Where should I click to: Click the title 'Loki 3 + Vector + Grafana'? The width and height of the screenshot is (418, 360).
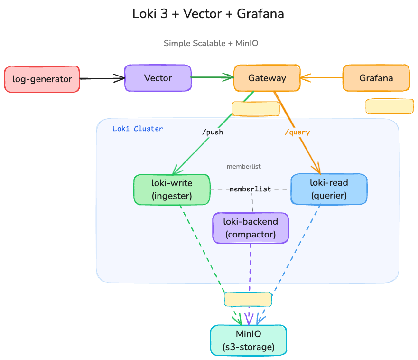(x=208, y=14)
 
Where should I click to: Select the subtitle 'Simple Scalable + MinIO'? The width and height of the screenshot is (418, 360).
(x=211, y=43)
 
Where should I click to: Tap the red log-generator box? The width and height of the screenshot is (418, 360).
(x=42, y=79)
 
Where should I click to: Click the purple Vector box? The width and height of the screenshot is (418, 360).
(x=158, y=78)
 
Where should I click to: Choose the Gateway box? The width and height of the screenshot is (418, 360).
(x=267, y=78)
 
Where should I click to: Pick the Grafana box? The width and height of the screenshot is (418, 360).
(x=376, y=78)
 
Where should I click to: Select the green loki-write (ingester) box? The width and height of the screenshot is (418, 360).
(x=171, y=189)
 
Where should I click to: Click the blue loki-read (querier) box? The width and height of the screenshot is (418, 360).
(x=328, y=189)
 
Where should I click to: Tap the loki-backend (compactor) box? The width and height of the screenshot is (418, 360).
(x=250, y=228)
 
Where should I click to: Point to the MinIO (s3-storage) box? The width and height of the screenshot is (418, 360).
(x=248, y=341)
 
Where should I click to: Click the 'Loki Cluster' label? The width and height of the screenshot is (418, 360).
(x=138, y=129)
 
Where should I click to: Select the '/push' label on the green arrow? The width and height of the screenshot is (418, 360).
(x=212, y=132)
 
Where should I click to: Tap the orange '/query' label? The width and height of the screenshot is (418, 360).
(x=297, y=132)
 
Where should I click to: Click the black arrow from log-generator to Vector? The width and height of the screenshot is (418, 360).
(x=102, y=78)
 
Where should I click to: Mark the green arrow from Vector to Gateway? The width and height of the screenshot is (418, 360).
(x=212, y=77)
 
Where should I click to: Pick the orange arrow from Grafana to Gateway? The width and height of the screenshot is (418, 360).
(x=321, y=77)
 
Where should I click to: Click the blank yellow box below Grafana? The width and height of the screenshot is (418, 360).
(x=389, y=106)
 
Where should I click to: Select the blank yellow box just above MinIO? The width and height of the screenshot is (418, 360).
(x=248, y=299)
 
